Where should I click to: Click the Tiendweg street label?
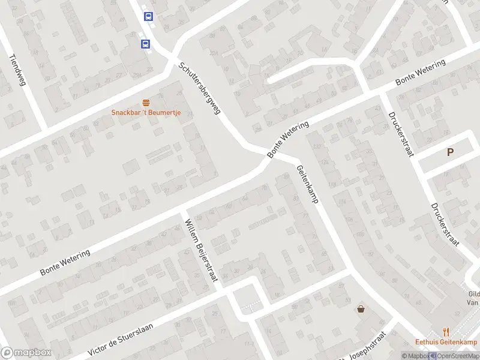pos(18,71)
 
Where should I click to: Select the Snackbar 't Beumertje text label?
pos(146,113)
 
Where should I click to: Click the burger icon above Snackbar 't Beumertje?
pos(146,103)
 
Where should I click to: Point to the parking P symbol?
pos(450,152)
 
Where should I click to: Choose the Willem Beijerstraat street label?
pos(202,250)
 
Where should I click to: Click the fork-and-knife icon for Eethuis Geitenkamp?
pos(445,331)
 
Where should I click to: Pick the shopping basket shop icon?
pos(361,309)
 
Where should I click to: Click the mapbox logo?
pos(26,353)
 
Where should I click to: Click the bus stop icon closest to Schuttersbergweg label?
pos(145,44)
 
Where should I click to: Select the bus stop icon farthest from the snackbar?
pos(148,17)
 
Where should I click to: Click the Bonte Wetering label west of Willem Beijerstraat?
pos(65,263)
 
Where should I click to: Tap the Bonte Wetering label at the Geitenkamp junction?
pos(288,140)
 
